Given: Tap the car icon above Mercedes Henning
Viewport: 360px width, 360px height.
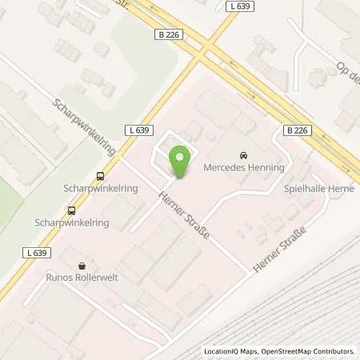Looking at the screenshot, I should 242,154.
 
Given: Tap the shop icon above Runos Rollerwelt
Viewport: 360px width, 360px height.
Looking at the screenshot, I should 81,266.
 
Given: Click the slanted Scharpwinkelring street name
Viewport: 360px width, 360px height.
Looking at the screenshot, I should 84,126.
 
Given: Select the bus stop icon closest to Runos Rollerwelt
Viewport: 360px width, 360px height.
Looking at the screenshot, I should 72,210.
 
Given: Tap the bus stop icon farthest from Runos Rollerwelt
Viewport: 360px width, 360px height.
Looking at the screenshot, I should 99,176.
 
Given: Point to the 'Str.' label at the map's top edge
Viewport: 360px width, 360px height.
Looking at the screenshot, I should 122,3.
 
